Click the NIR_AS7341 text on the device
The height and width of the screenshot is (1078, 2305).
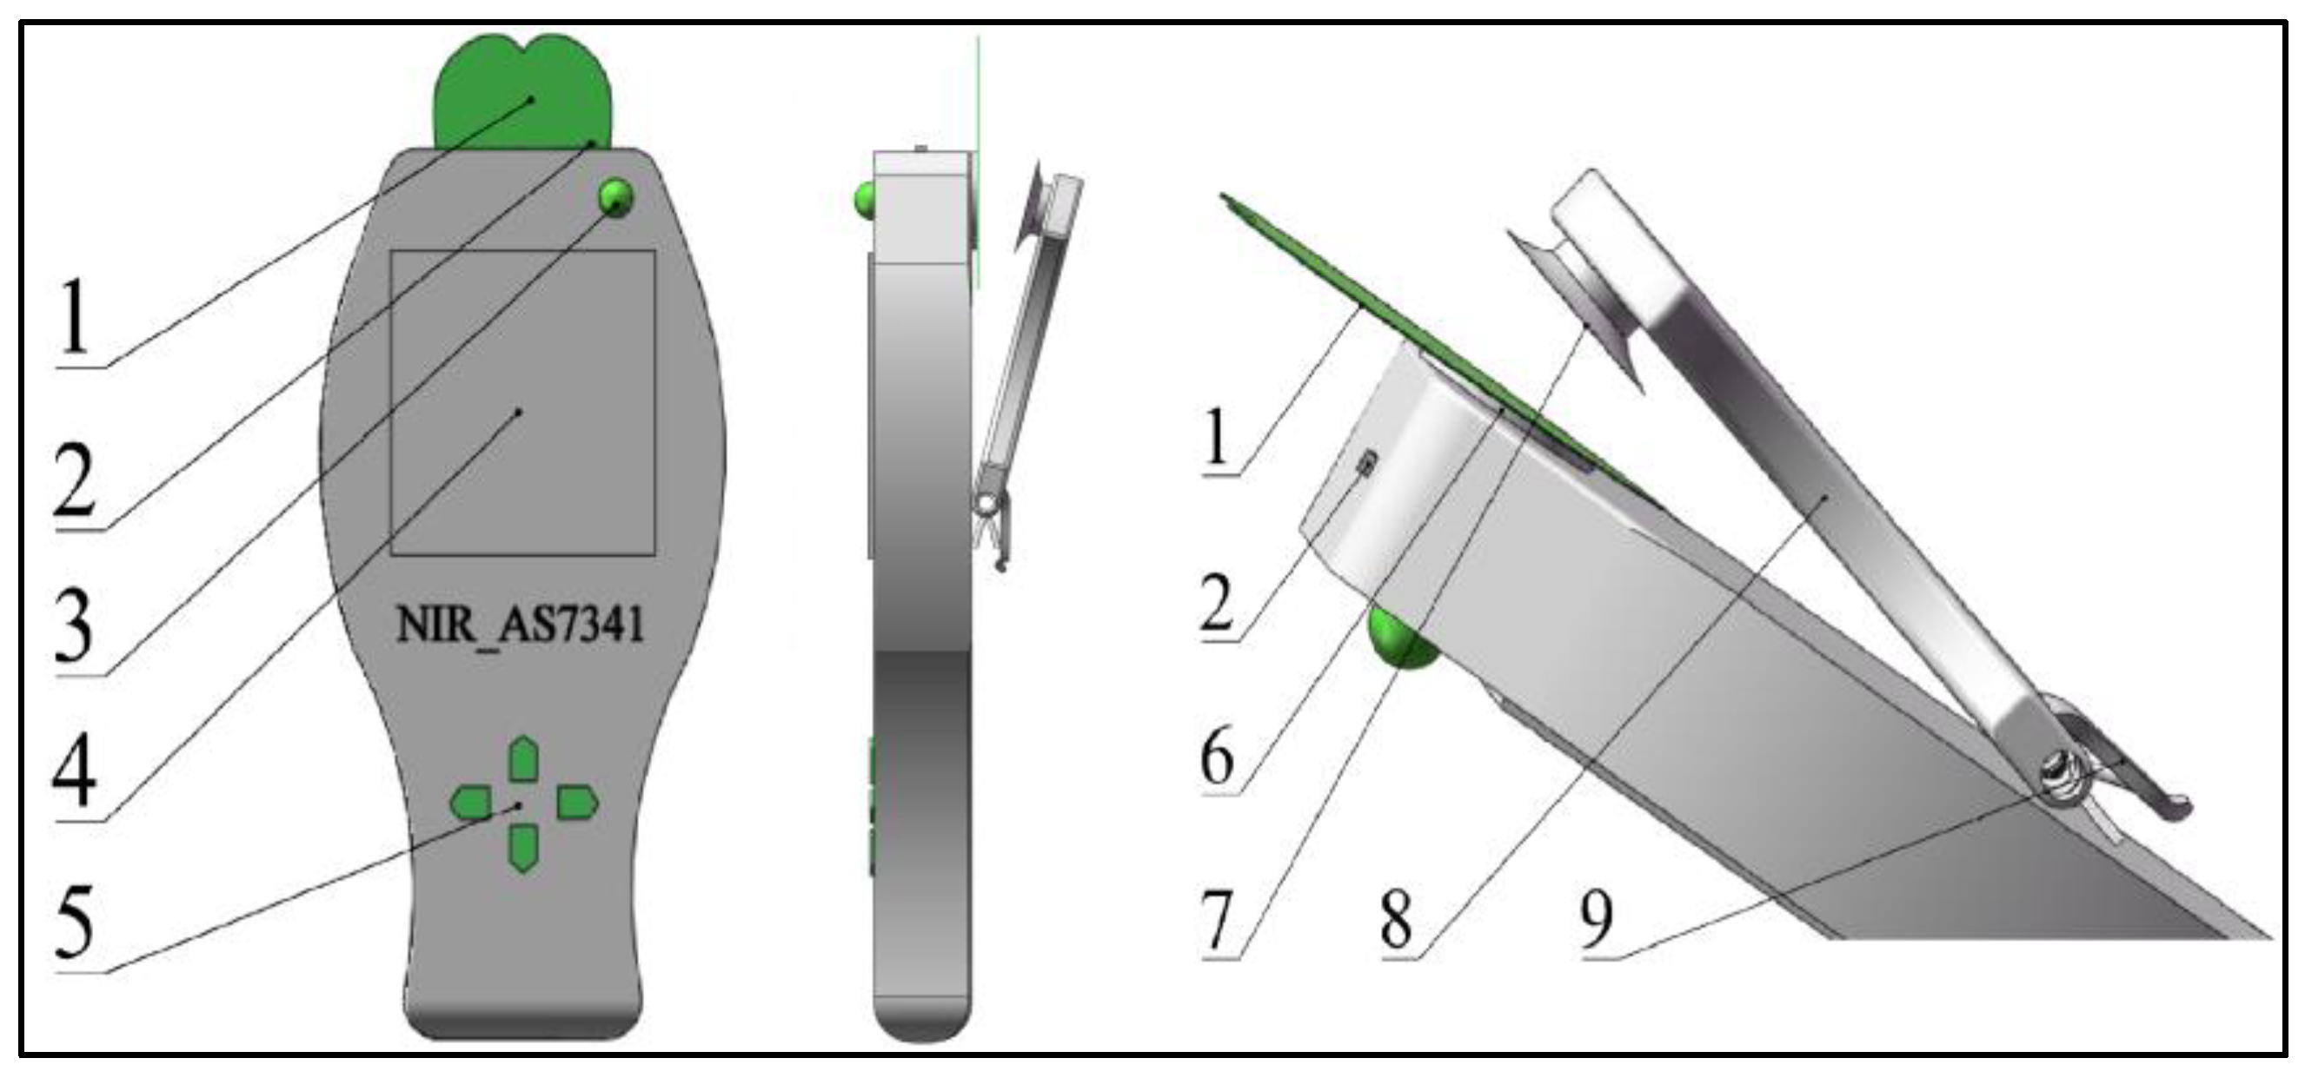pos(520,624)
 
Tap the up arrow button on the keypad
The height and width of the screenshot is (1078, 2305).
pos(523,760)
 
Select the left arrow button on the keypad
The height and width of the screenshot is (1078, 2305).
pos(471,803)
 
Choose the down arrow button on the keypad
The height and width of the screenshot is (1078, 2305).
pos(523,847)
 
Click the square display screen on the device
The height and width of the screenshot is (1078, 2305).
pos(523,402)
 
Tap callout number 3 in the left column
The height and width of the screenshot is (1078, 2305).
pos(74,626)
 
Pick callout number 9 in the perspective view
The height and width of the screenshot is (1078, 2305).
pos(1598,922)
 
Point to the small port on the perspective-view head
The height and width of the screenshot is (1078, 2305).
pos(1366,463)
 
